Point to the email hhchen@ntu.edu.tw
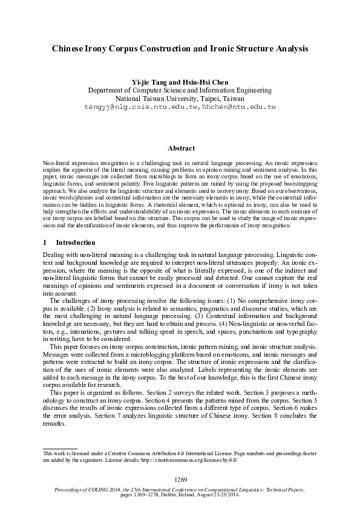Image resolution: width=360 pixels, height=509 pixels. [x=230, y=106]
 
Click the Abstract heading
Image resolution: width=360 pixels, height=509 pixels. [x=180, y=148]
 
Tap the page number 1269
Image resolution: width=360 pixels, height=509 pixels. [x=180, y=479]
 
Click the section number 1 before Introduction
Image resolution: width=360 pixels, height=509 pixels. [x=45, y=242]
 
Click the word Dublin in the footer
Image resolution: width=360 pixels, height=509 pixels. [x=171, y=494]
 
